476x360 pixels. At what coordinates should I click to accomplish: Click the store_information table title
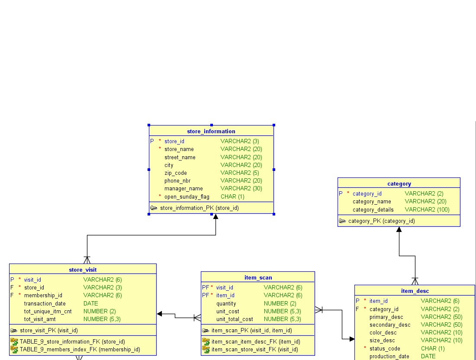click(211, 131)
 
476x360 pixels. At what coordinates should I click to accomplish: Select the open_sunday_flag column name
click(187, 196)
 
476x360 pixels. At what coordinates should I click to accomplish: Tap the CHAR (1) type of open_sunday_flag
click(232, 196)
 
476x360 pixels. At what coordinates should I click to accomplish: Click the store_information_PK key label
click(199, 208)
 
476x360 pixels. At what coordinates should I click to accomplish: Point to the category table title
click(399, 184)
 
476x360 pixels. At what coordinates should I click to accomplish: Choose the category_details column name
click(373, 210)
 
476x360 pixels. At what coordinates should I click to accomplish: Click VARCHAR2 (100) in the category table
click(427, 210)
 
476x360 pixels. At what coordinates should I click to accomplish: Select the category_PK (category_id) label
click(381, 221)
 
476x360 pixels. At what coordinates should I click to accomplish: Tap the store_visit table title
click(83, 270)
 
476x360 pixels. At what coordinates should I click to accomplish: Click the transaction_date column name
click(45, 303)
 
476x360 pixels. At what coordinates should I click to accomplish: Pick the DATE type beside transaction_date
click(91, 303)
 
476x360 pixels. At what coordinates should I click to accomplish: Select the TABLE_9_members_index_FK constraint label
click(80, 350)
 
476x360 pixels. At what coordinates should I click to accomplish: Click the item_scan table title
click(258, 278)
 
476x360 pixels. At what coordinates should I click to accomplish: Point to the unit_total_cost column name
click(235, 319)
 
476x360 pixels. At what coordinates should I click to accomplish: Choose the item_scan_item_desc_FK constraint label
click(256, 342)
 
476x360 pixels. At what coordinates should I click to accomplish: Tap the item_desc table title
click(415, 291)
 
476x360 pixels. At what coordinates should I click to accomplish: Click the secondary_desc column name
click(390, 325)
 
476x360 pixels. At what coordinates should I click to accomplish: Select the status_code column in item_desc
click(385, 349)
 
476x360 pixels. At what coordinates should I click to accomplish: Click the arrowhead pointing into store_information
click(215, 216)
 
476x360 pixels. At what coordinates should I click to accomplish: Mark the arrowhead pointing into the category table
click(399, 229)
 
